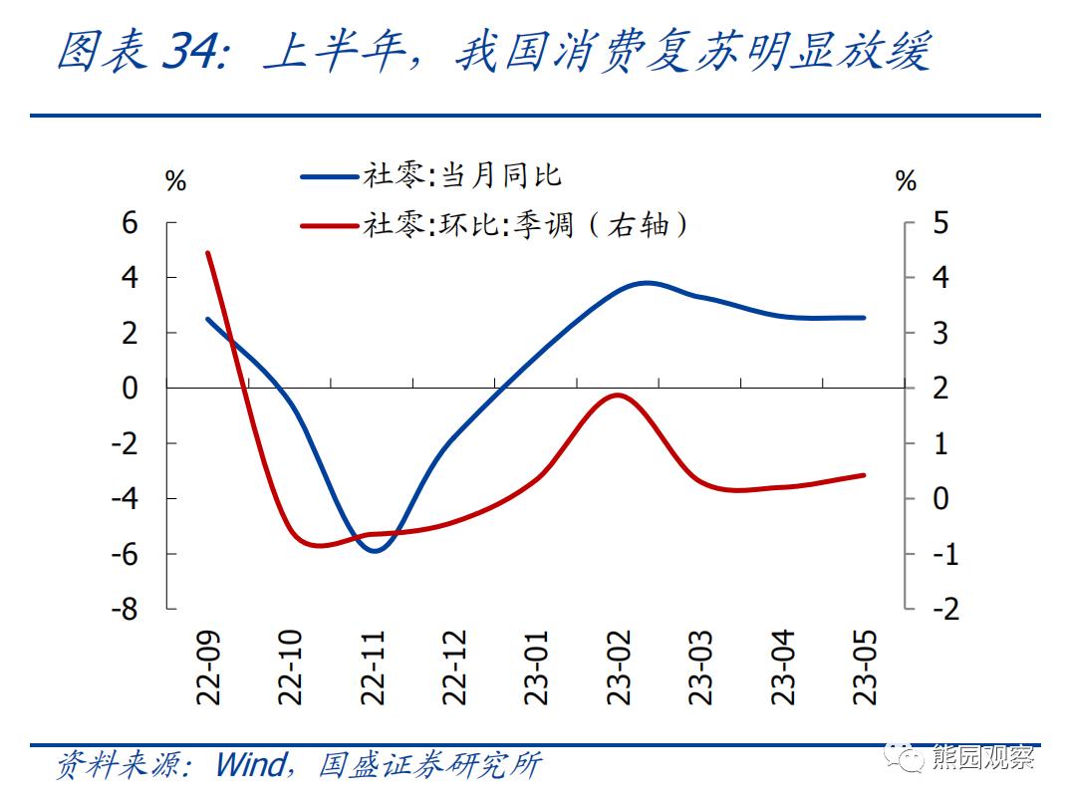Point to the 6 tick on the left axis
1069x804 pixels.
tap(131, 223)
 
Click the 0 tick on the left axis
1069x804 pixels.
tap(131, 388)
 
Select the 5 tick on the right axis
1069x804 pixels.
tap(940, 223)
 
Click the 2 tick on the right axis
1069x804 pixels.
tap(940, 388)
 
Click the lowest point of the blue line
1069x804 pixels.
tap(376, 550)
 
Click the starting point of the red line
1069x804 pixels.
tap(207, 253)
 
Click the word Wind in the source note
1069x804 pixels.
tap(249, 765)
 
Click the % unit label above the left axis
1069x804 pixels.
tap(175, 181)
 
